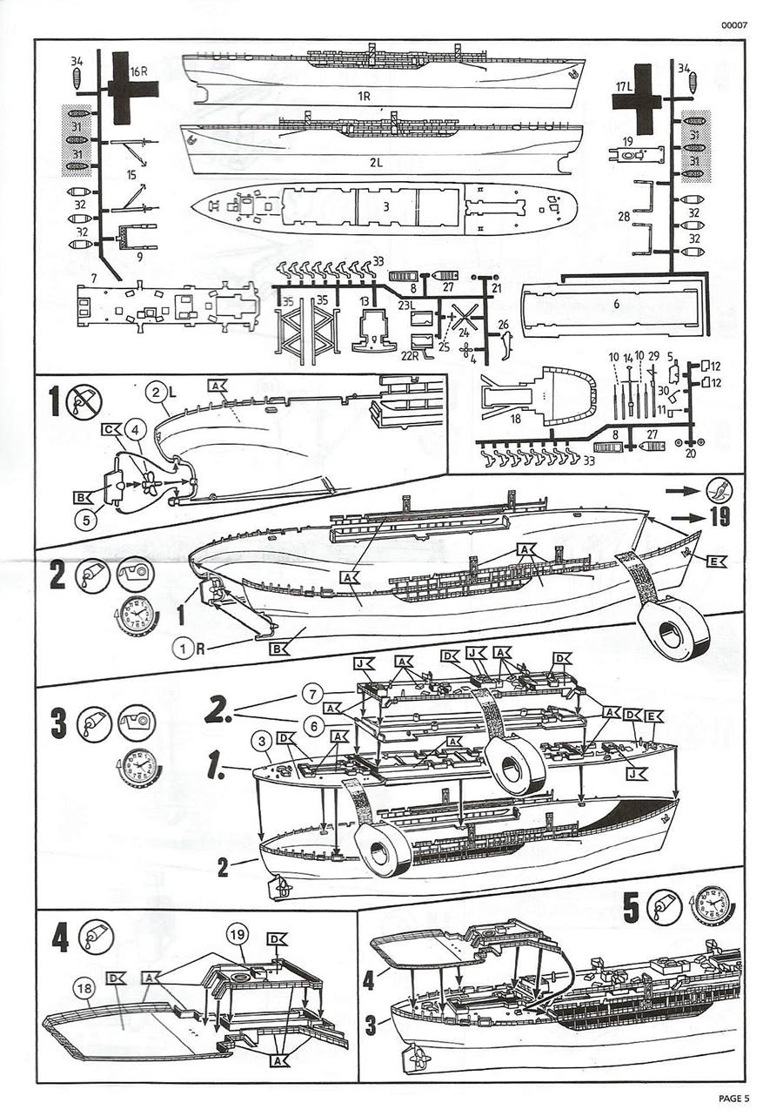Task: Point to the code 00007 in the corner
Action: pyautogui.click(x=733, y=24)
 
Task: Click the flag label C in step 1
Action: pyautogui.click(x=110, y=430)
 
